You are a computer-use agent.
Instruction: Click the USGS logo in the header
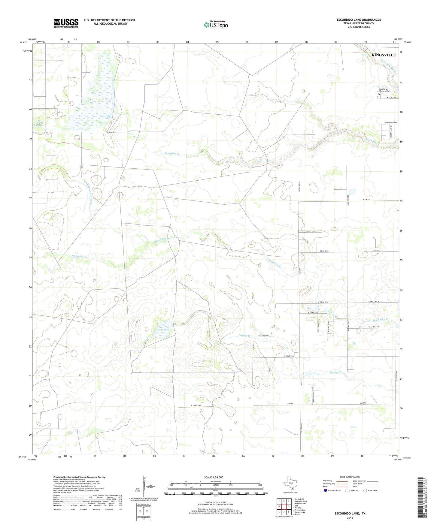pos(66,23)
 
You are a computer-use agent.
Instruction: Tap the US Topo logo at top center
pos(215,25)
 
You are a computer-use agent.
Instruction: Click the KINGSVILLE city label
pos(384,55)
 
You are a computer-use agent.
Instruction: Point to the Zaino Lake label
pos(162,330)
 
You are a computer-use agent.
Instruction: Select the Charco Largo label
pos(40,124)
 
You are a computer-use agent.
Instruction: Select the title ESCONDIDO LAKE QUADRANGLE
pos(359,20)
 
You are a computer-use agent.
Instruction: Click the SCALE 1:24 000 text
pos(213,477)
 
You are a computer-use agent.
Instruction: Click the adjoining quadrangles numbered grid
pos(284,506)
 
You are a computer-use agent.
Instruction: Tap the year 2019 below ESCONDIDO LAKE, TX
pos(350,518)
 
